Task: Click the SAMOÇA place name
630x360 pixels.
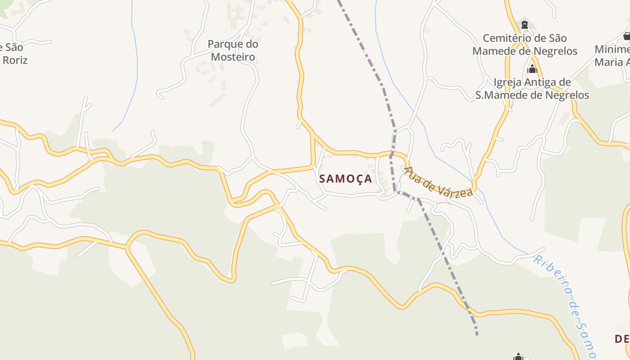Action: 346,179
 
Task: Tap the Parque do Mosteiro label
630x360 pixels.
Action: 233,50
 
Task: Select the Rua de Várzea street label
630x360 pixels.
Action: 438,182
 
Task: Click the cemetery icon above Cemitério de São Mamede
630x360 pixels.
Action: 524,24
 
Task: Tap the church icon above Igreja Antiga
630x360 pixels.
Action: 532,69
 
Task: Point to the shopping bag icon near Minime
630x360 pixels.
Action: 626,36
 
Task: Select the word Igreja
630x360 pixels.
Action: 508,82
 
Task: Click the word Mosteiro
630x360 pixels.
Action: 233,57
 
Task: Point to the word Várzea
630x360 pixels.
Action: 455,188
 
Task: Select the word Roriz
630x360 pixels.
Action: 15,60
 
